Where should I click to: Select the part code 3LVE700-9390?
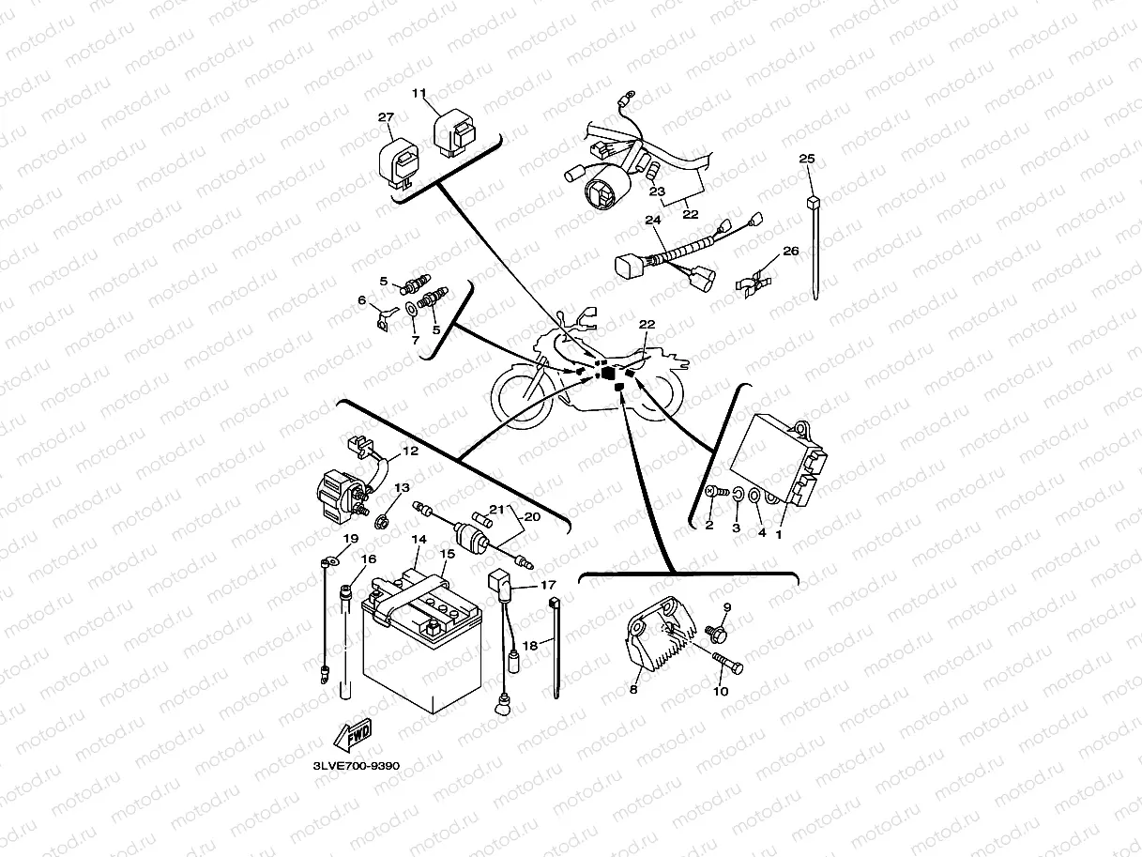tap(357, 766)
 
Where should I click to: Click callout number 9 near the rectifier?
tap(724, 607)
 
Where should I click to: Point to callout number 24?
tap(653, 221)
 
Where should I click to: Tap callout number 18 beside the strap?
tap(530, 646)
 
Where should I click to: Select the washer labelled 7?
tap(412, 309)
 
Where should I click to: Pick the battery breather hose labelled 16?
tap(346, 648)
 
